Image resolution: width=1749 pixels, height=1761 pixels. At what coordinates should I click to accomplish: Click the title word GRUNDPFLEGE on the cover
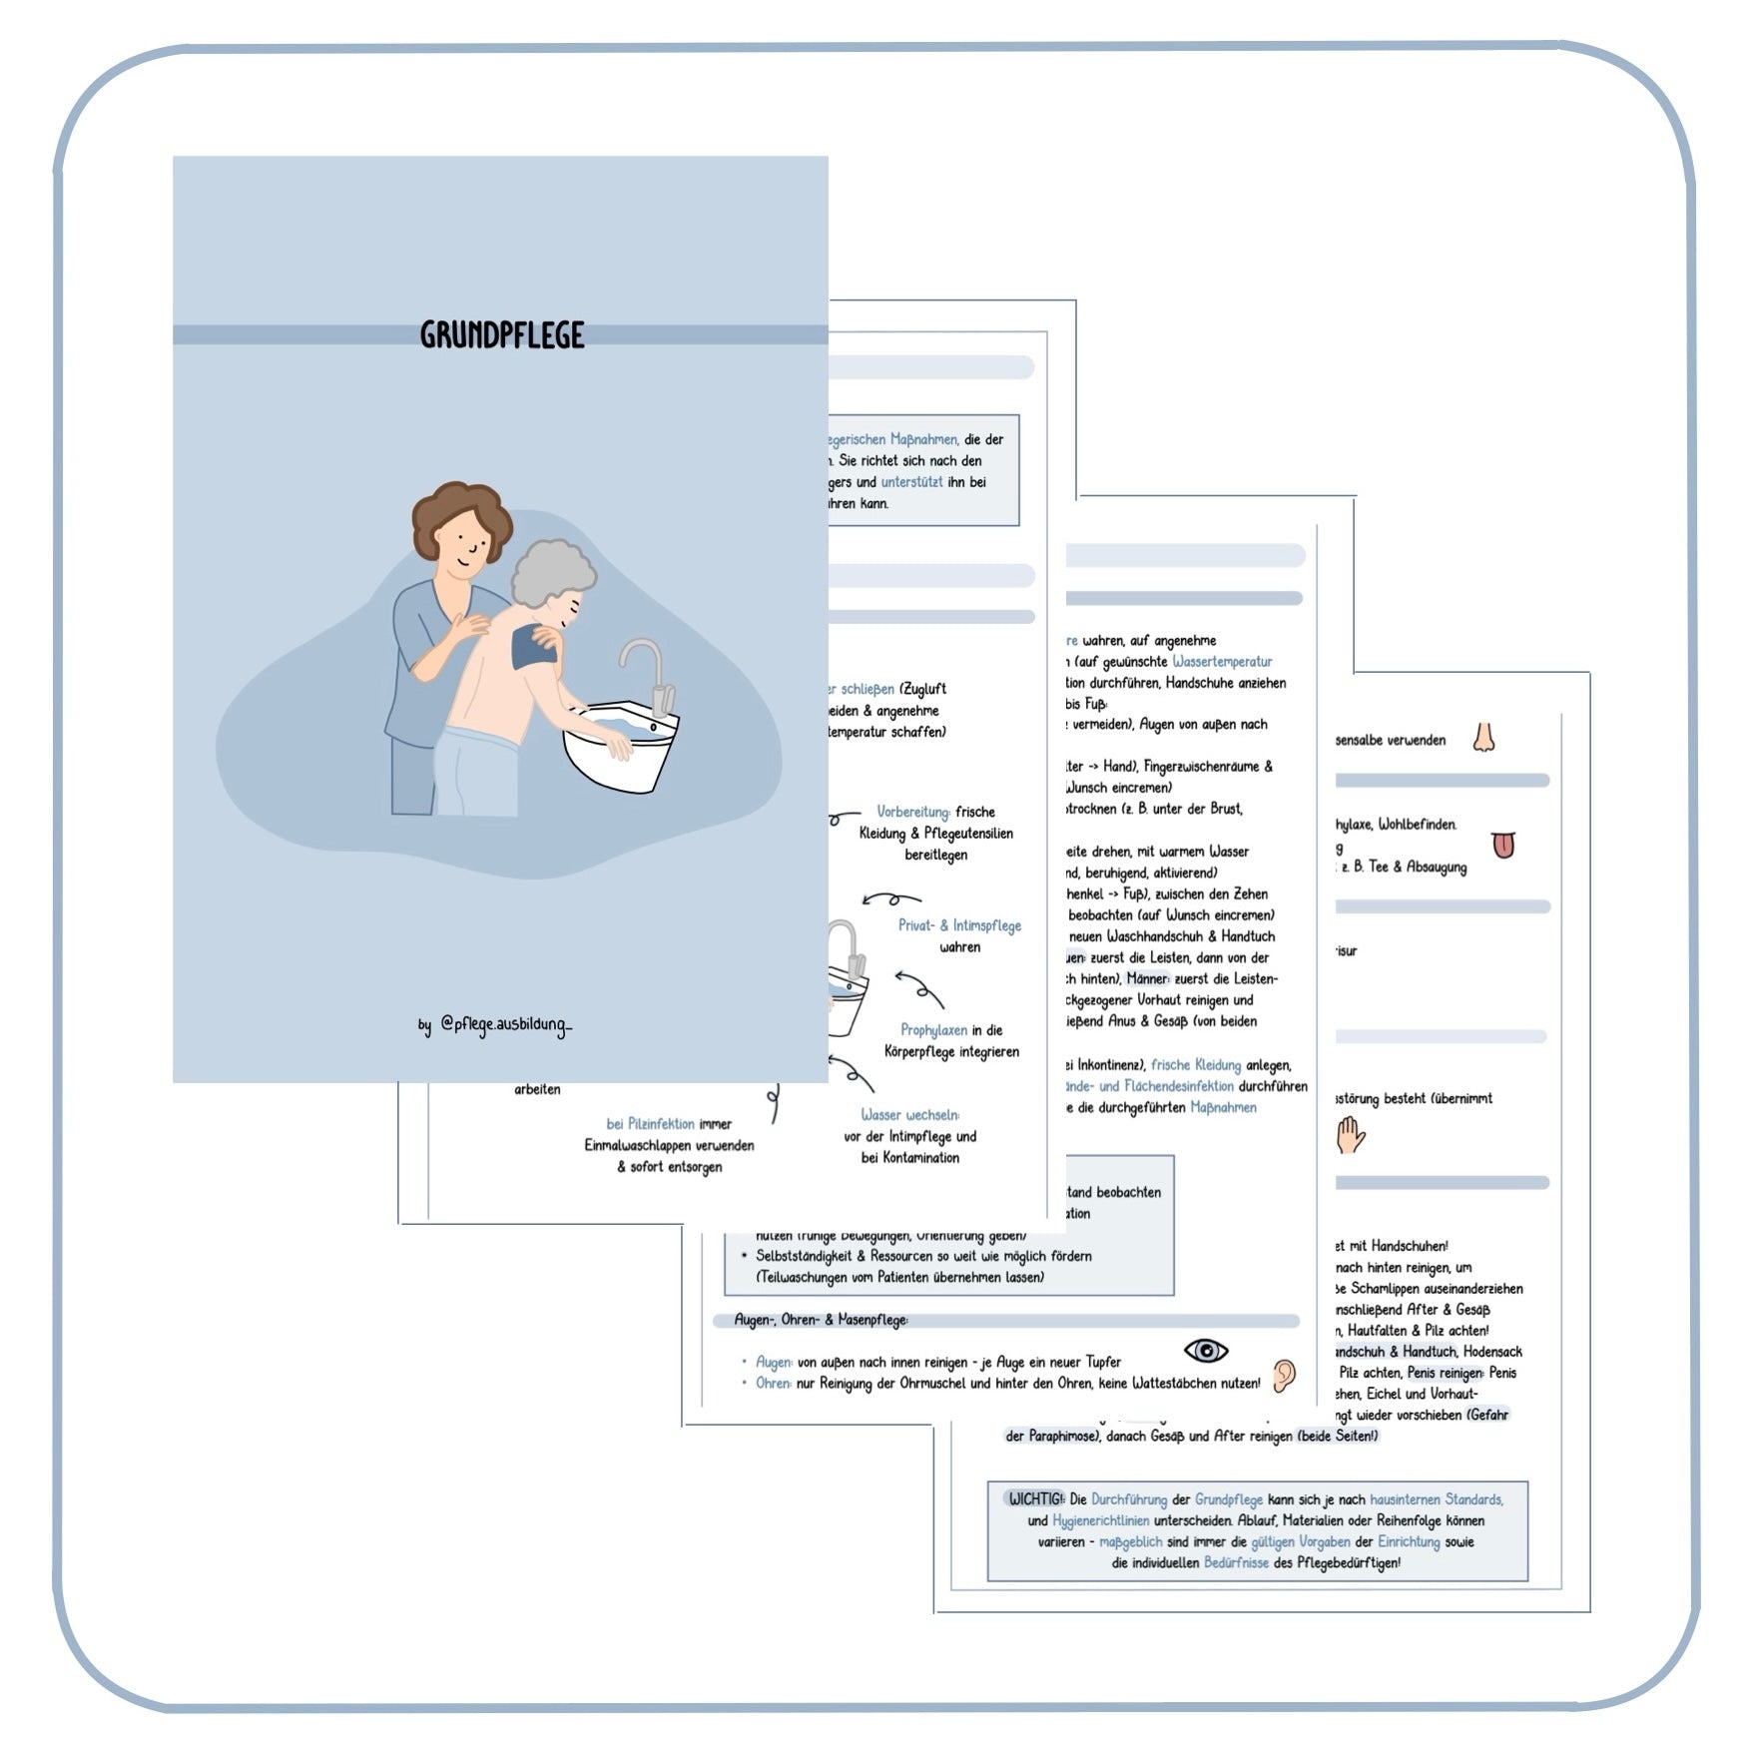[x=502, y=335]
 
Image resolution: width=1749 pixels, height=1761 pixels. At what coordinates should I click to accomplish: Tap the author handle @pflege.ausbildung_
[x=506, y=1025]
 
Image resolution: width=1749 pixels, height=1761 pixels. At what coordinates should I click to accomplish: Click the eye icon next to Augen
[x=1205, y=1351]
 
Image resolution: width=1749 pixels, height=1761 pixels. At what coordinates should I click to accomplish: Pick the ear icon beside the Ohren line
[x=1284, y=1376]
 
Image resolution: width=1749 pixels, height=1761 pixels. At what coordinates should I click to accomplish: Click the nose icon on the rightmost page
[x=1484, y=738]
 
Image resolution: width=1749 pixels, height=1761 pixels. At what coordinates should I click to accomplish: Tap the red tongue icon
[x=1503, y=845]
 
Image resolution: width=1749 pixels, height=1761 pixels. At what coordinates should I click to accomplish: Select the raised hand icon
[x=1350, y=1135]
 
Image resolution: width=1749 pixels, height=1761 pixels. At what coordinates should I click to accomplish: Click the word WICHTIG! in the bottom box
[x=1035, y=1499]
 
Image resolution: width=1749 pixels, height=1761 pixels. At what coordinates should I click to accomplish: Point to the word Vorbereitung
[x=912, y=812]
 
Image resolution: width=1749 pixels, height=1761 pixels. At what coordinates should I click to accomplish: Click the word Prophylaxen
[x=933, y=1030]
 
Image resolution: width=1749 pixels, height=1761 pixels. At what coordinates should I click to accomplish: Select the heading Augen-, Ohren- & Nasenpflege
[x=821, y=1320]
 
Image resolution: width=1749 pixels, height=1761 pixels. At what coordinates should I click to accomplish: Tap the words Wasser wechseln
[x=909, y=1115]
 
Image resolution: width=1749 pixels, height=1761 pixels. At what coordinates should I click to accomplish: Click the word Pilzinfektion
[x=650, y=1124]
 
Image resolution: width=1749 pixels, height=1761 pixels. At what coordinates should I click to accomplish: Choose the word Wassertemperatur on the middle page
[x=1222, y=662]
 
